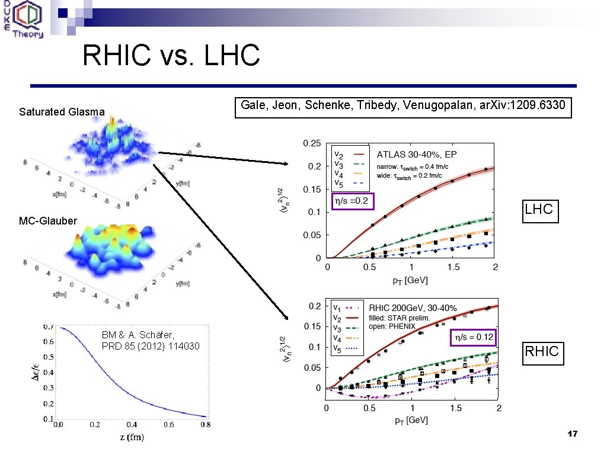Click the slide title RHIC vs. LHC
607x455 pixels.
click(x=171, y=56)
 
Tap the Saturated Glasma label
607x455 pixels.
click(x=62, y=111)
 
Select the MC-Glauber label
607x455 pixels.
click(x=48, y=221)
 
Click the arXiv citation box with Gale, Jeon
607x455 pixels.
click(x=403, y=107)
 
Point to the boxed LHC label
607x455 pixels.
click(x=540, y=209)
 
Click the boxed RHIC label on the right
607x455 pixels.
click(x=541, y=351)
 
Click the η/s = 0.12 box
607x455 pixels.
click(x=473, y=337)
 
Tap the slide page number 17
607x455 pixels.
click(x=571, y=435)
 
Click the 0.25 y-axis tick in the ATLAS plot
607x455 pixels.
click(x=312, y=143)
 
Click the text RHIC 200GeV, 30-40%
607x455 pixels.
click(x=413, y=308)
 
